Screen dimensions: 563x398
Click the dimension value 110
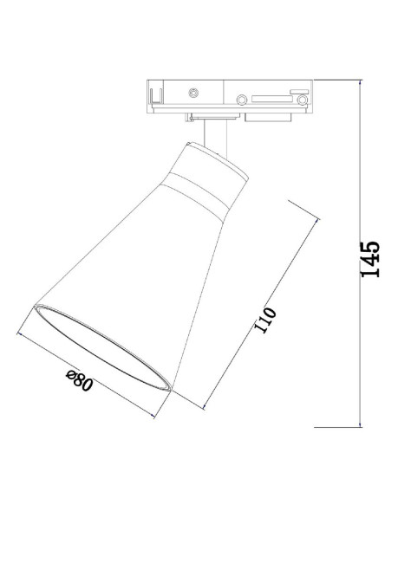[x=265, y=320]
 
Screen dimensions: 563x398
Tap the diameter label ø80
[x=79, y=381]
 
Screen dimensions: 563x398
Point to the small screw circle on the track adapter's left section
[x=192, y=91]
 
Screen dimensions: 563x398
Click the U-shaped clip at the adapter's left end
[x=155, y=93]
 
